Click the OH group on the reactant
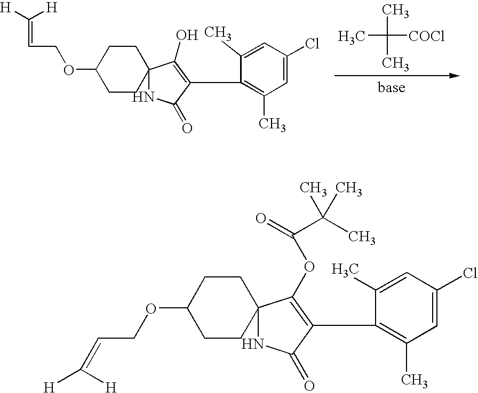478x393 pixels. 187,35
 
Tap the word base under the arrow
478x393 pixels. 392,87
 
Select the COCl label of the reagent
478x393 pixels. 426,37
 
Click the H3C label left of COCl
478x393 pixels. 351,38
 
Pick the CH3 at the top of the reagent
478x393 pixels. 395,12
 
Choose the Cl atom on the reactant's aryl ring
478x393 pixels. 312,44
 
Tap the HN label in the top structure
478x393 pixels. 144,97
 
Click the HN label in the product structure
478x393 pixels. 252,344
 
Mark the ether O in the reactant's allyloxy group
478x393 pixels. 69,70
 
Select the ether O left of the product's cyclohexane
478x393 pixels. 150,309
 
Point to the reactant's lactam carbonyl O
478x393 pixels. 187,127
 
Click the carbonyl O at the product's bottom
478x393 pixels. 309,386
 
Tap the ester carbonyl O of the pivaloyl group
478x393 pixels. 261,218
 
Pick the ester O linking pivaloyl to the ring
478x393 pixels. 309,267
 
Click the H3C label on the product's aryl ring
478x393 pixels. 345,270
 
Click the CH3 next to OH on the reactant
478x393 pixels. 218,33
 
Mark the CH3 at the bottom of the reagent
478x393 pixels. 395,64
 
